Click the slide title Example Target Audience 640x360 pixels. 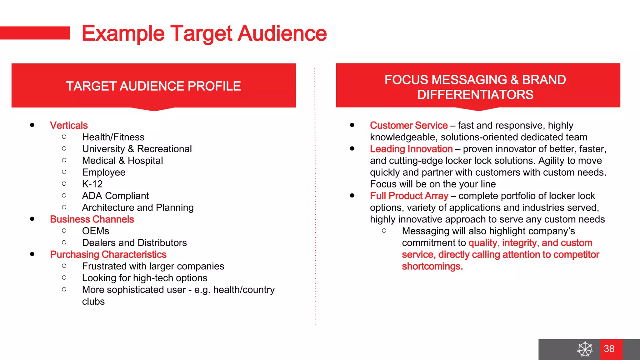pyautogui.click(x=204, y=33)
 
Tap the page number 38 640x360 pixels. pyautogui.click(x=609, y=349)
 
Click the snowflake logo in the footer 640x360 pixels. pyautogui.click(x=585, y=349)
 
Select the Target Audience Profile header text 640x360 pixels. pyautogui.click(x=153, y=86)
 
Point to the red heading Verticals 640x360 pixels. pyautogui.click(x=69, y=125)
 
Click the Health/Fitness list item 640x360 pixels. pyautogui.click(x=113, y=137)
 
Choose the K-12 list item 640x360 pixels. pyautogui.click(x=92, y=184)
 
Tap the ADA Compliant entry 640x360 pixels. pyautogui.click(x=115, y=196)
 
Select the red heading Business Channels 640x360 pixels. pyautogui.click(x=92, y=219)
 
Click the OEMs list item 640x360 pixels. pyautogui.click(x=96, y=231)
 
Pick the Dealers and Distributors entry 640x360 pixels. pyautogui.click(x=134, y=243)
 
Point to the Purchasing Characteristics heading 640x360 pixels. pyautogui.click(x=108, y=254)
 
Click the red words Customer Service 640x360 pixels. pyautogui.click(x=409, y=125)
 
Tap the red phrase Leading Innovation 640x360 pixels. pyautogui.click(x=411, y=149)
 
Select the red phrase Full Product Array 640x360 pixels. pyautogui.click(x=409, y=196)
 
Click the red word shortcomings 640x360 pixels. pyautogui.click(x=432, y=266)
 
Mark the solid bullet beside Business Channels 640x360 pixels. pyautogui.click(x=32, y=219)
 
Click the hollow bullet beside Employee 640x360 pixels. pyautogui.click(x=64, y=172)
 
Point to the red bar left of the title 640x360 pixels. pyautogui.click(x=35, y=33)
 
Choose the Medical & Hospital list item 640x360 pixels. pyautogui.click(x=122, y=161)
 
